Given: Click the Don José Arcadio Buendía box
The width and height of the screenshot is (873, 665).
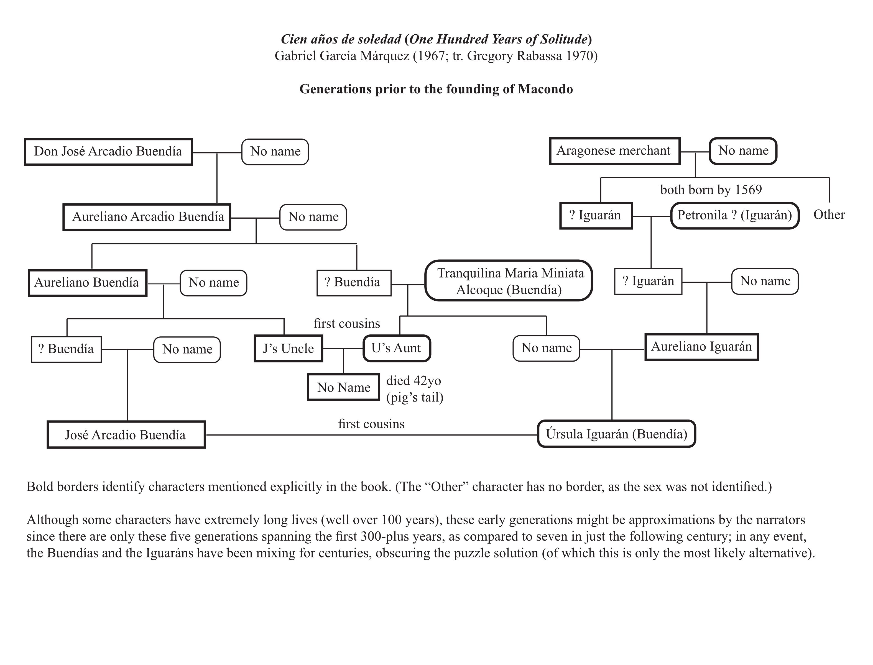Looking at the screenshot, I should coord(108,152).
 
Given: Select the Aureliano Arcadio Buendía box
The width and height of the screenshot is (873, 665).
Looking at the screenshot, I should coord(147,217).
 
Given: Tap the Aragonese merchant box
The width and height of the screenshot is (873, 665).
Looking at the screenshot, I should coord(614,151).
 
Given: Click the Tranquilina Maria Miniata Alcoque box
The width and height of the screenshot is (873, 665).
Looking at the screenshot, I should coord(509,281).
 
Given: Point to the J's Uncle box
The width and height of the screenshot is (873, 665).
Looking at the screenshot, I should coord(288,348).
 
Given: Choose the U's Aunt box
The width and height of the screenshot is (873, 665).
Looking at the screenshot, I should coord(396,348).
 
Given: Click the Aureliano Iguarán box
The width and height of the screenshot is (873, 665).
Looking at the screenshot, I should coord(701,347).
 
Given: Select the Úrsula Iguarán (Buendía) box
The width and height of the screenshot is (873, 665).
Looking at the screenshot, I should coord(616,434).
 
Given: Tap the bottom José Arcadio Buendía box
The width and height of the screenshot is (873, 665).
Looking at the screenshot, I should coord(126,435).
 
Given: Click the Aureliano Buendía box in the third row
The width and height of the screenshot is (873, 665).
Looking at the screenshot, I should coord(87,283).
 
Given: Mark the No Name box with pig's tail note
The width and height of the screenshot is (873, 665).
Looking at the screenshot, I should coord(344,387).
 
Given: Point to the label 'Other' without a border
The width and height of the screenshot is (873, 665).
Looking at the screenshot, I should coord(829,214).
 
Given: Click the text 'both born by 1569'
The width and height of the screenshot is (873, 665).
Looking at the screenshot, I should coord(711,190).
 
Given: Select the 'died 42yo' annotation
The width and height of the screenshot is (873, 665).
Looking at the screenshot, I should coord(413,381).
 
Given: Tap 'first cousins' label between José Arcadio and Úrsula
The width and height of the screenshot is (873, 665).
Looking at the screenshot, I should coord(371,424).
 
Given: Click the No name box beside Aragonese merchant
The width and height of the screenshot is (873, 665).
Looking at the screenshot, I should coord(743,151).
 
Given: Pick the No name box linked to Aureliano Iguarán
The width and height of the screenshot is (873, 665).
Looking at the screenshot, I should coord(546,348).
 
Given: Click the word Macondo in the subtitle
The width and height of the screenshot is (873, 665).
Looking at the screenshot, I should coord(545,89).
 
